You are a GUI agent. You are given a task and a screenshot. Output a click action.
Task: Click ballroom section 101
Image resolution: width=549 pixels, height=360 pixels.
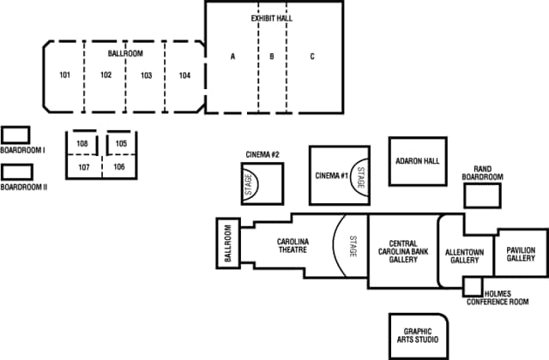(x=64, y=75)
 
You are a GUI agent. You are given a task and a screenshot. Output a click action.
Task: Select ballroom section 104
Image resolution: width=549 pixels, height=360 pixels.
(x=184, y=75)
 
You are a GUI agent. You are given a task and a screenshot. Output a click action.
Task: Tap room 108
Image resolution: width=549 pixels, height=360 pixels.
(x=82, y=143)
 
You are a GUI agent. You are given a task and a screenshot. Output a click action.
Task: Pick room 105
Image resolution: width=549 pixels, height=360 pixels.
(x=121, y=143)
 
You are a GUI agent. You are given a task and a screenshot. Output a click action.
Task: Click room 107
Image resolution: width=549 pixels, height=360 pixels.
(x=83, y=166)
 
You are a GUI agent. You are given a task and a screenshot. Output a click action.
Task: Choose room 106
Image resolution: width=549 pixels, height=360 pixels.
(x=119, y=166)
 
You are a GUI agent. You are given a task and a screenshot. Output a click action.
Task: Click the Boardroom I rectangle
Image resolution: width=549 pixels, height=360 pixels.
(x=15, y=135)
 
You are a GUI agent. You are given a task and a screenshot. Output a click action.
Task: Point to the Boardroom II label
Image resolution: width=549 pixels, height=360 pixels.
(x=23, y=186)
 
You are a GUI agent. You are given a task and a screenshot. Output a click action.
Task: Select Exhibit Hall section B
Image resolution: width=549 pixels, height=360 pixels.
(x=271, y=57)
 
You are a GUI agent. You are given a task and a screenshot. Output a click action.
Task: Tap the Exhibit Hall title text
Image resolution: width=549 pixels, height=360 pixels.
(x=271, y=17)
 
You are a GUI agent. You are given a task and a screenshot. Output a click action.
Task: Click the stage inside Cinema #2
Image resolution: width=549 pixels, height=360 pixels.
(x=251, y=183)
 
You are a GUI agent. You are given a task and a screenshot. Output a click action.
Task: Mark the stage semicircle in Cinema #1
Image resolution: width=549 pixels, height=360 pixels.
(x=359, y=177)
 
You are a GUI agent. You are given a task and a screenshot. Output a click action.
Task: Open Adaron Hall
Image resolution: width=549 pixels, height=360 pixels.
(x=418, y=160)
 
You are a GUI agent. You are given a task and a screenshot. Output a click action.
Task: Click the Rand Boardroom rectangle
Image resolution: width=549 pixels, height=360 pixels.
(x=481, y=195)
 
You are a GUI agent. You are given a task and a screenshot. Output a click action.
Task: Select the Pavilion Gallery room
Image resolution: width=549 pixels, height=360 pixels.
(x=521, y=253)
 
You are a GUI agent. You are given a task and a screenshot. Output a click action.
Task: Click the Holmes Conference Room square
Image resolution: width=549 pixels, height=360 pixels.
(x=473, y=286)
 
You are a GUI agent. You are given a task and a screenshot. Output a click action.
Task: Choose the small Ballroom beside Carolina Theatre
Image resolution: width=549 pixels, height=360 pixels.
(x=228, y=243)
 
